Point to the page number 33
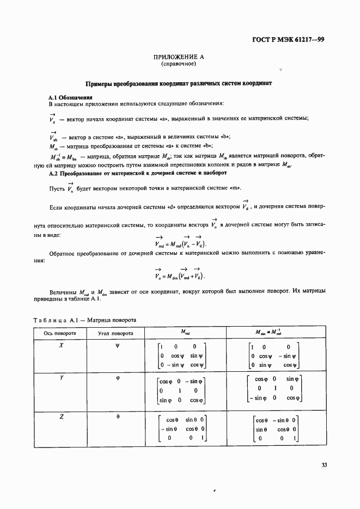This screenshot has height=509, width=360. tap(324, 465)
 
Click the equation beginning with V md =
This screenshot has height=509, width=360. tap(180, 243)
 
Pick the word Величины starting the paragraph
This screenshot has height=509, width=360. tap(64, 292)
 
